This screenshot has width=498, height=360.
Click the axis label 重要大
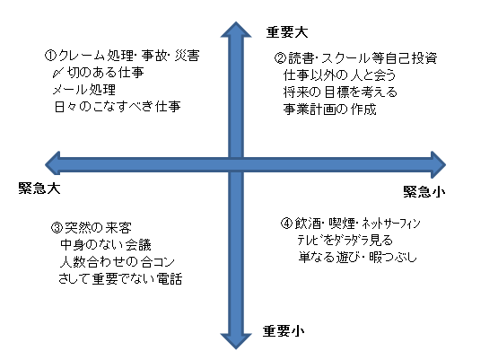click(x=287, y=32)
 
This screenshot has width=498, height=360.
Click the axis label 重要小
click(x=284, y=331)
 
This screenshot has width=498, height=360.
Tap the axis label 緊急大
click(x=39, y=189)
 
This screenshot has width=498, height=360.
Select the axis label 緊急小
click(x=424, y=191)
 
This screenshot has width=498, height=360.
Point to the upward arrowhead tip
click(x=236, y=22)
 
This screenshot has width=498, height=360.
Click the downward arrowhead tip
click(x=236, y=349)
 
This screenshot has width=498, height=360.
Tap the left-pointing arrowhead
click(x=52, y=164)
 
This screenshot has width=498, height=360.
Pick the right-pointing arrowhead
click(x=439, y=164)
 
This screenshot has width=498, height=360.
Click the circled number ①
click(x=50, y=56)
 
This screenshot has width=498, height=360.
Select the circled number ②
click(x=281, y=58)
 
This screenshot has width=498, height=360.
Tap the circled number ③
click(x=57, y=228)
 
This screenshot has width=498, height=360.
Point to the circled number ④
click(x=286, y=223)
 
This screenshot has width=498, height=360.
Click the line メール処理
click(x=84, y=90)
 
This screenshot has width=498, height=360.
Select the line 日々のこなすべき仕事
click(x=118, y=107)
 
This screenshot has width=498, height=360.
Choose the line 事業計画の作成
click(x=329, y=110)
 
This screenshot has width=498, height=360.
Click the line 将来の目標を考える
click(x=340, y=92)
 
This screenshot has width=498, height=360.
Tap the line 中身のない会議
click(x=106, y=245)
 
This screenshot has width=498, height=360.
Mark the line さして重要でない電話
click(x=121, y=279)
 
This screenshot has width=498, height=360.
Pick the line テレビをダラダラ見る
click(x=345, y=241)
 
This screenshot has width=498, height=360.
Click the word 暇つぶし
click(x=393, y=257)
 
